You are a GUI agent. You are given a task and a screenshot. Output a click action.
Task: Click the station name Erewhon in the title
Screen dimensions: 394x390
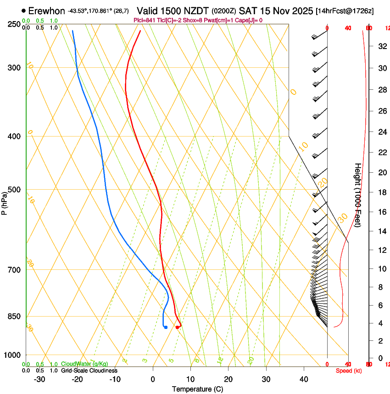(x=46, y=11)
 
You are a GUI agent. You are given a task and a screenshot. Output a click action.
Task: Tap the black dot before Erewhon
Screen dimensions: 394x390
(x=23, y=11)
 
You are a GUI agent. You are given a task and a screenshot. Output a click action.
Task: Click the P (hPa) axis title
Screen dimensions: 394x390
(x=5, y=201)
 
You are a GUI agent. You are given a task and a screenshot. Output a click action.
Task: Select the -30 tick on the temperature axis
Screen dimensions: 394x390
(x=39, y=379)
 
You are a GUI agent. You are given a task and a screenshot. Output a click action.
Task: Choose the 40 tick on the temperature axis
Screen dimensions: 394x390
(x=304, y=379)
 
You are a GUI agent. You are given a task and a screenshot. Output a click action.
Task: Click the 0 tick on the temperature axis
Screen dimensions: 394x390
(x=153, y=379)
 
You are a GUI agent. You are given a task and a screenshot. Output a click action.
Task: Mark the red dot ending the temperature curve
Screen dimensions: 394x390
(x=177, y=327)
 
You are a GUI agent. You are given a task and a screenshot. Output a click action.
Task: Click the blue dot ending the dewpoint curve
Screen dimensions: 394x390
(x=166, y=327)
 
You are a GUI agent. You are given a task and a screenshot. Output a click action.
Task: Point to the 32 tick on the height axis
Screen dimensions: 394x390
(x=381, y=46)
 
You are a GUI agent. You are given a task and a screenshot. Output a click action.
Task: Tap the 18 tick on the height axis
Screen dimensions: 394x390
(x=381, y=192)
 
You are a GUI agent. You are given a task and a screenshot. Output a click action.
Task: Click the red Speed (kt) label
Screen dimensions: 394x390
(x=349, y=371)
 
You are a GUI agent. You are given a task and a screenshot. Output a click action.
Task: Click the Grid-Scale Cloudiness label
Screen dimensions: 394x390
(x=89, y=370)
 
